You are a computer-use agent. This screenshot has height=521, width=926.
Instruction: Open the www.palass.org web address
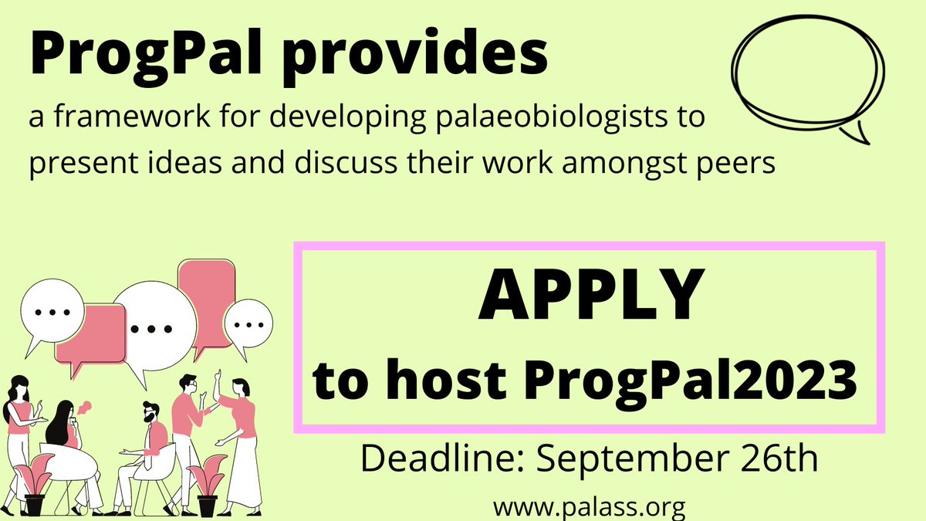590,507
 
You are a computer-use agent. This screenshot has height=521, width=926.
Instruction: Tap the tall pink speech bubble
205,293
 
